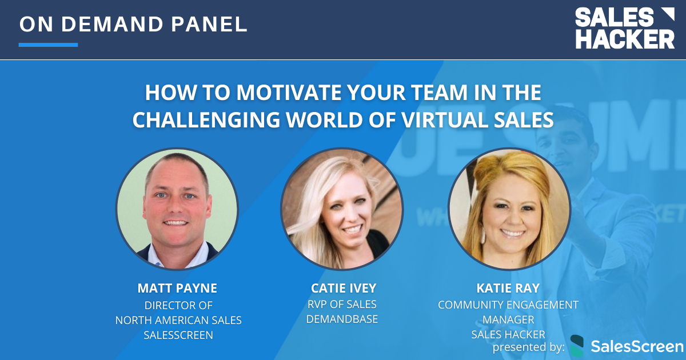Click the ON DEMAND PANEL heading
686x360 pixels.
pos(133,24)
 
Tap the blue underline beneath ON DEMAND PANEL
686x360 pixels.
pos(48,45)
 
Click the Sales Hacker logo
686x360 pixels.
pos(624,28)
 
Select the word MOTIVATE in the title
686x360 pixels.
pos(262,93)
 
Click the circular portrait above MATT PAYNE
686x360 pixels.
pos(177,209)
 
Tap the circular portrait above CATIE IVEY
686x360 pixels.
pos(342,209)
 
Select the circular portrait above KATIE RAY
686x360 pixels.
pos(508,209)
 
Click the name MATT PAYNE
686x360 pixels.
pos(178,287)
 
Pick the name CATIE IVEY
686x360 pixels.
pos(342,287)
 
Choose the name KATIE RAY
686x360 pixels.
pos(508,287)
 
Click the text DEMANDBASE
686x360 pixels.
pos(342,319)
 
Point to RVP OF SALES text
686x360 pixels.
pos(342,304)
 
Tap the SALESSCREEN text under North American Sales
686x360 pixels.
pos(178,335)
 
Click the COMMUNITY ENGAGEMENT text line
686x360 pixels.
pos(508,305)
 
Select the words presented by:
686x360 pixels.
pos(529,346)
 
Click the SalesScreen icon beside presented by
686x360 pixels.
pos(577,346)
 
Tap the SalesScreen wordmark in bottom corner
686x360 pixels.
pos(636,346)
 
